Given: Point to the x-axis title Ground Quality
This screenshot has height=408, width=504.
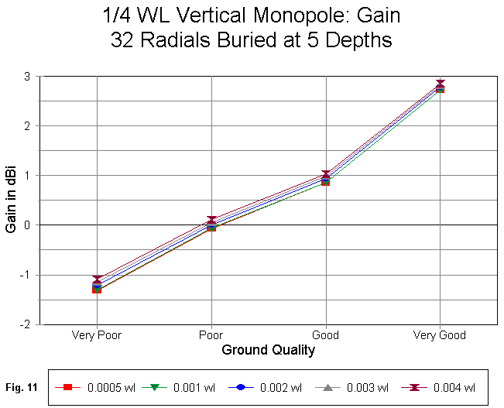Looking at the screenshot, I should (x=268, y=350).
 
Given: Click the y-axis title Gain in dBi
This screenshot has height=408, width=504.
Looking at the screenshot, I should (x=11, y=201).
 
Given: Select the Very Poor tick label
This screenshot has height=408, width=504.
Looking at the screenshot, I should (x=96, y=335).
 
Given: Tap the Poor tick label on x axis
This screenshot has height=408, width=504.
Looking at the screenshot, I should (x=211, y=335).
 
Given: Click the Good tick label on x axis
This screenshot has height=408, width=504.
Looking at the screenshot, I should (x=325, y=335).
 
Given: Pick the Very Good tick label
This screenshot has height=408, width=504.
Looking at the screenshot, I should (x=440, y=335).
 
